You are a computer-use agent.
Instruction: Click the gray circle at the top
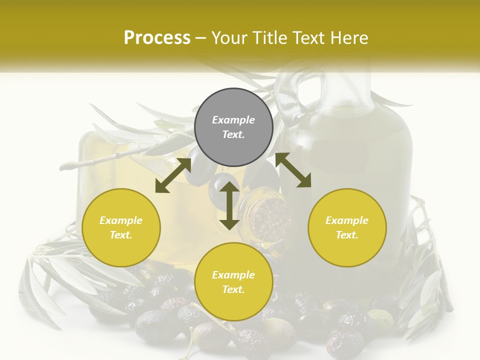tap(233, 127)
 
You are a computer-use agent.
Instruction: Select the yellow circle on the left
tap(121, 227)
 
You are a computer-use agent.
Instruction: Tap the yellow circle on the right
tap(347, 227)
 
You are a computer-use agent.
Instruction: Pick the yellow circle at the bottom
tap(233, 282)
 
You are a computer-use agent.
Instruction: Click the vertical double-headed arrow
tap(229, 205)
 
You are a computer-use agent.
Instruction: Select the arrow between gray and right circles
tap(293, 170)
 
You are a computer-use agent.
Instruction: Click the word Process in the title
tap(157, 37)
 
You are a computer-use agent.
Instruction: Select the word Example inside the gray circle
tap(233, 120)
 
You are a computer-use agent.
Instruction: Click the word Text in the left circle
tap(121, 235)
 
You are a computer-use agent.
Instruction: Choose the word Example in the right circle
tap(347, 220)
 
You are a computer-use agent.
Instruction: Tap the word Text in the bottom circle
tap(233, 289)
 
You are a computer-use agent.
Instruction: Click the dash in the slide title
tap(201, 37)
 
